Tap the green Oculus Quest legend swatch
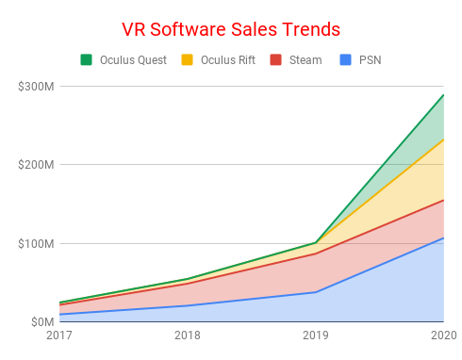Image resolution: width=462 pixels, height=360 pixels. (x=87, y=60)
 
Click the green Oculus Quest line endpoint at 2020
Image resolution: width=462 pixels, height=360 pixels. (x=443, y=94)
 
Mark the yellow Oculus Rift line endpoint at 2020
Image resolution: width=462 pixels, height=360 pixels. (x=443, y=139)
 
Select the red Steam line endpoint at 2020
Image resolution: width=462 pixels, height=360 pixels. (x=443, y=200)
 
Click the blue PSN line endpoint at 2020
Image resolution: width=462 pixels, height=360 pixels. (x=443, y=237)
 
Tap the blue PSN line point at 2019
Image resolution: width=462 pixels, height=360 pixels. (x=315, y=292)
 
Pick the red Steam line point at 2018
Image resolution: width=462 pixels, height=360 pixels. (x=187, y=283)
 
